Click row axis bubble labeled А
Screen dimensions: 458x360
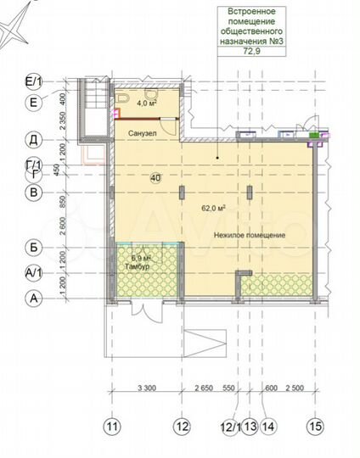[34, 299]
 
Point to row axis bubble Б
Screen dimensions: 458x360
[34, 248]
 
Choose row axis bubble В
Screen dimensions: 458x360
[34, 193]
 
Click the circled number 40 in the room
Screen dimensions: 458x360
[155, 177]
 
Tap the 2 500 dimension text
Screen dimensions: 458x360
[294, 388]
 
